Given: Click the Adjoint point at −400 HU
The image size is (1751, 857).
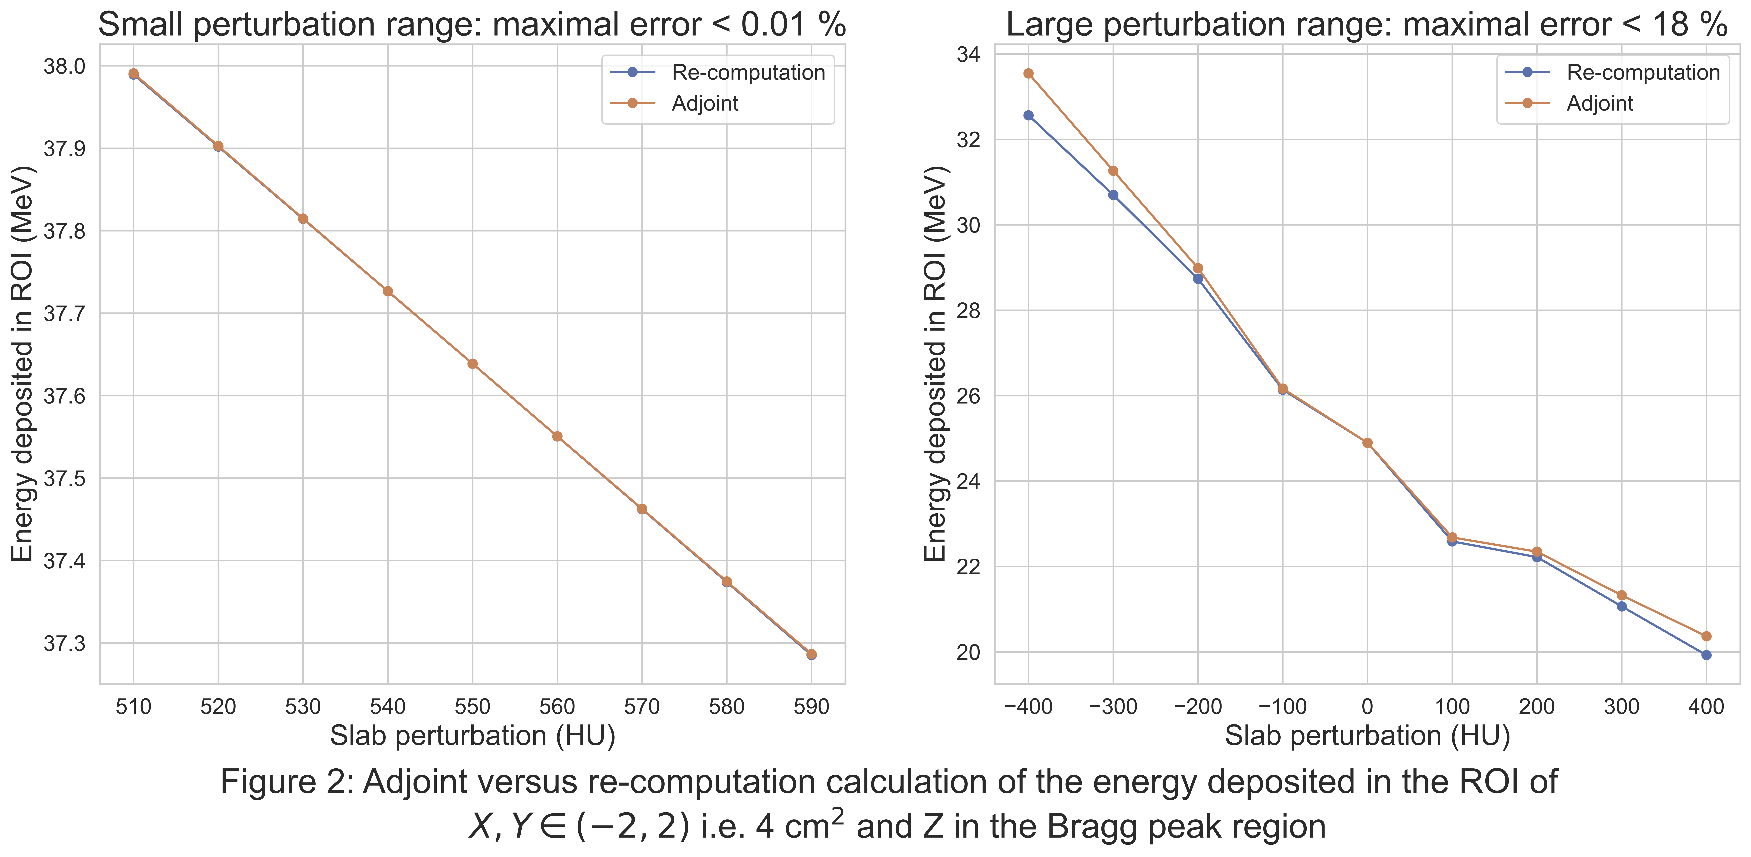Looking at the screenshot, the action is point(1029,73).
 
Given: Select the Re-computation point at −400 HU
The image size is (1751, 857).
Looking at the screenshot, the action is point(1029,116).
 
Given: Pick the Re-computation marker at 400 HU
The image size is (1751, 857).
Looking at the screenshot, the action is point(1706,655).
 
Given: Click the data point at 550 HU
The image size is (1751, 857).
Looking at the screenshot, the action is point(472,364).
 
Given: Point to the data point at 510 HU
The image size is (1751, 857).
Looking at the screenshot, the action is point(134,73).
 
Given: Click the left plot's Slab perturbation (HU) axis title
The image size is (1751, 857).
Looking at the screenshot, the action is point(472,737).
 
